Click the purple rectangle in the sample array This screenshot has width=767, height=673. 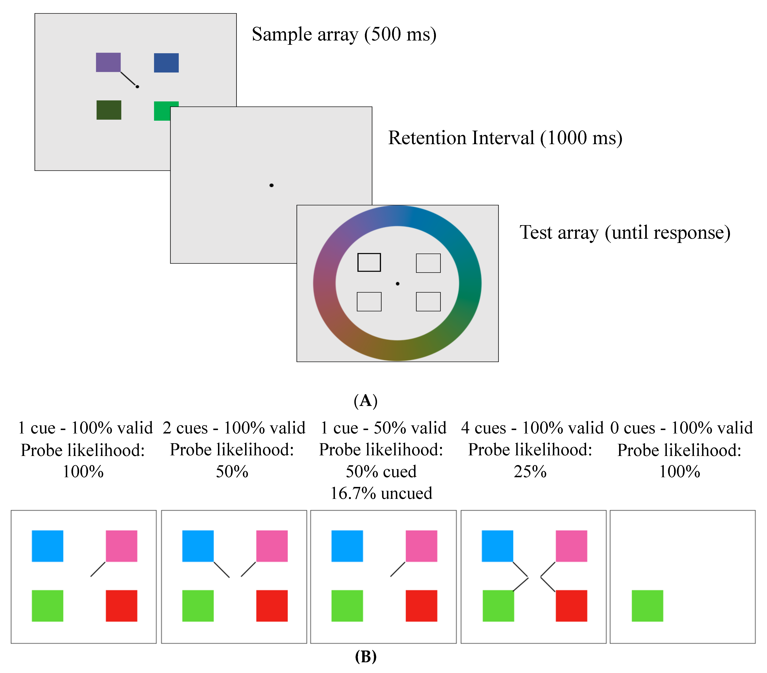[108, 62]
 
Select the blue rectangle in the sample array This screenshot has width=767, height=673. [166, 63]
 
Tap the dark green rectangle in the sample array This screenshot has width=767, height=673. [109, 110]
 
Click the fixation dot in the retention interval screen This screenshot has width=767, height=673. [271, 185]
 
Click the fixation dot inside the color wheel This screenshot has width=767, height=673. [397, 283]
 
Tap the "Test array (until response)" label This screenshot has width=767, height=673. [625, 232]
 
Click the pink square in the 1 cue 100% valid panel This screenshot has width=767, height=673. [121, 546]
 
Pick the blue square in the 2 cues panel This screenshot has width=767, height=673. [198, 546]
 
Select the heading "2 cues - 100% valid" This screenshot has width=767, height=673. [234, 428]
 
